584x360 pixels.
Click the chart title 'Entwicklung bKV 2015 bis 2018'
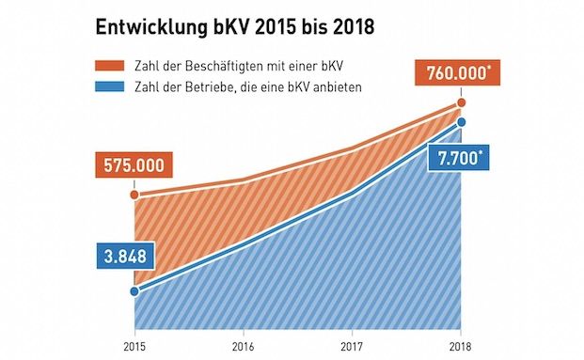(x=235, y=27)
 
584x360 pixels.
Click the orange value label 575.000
(x=134, y=165)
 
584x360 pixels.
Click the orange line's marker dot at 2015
(x=134, y=196)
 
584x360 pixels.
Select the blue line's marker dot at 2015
(x=134, y=291)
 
